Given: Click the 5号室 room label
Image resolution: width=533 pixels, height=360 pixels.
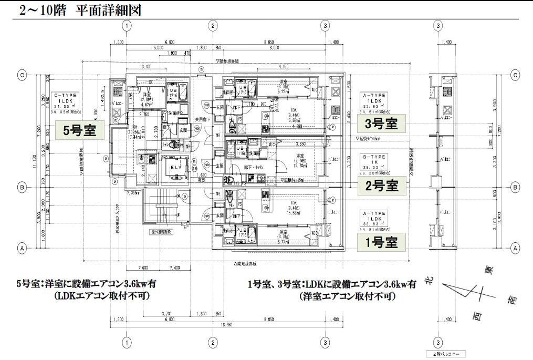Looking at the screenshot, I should point(80,130).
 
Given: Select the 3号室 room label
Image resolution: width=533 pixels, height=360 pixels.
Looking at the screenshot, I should point(378,124).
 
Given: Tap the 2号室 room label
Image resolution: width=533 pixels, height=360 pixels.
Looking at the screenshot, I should point(378,185).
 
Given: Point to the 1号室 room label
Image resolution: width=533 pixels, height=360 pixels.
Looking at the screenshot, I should point(378,242).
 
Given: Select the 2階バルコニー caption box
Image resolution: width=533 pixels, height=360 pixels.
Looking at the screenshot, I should point(445,354).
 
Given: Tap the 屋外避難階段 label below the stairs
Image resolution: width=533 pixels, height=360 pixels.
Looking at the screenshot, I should point(162,231).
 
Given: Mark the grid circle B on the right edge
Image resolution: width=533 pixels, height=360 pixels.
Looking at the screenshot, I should point(515,187).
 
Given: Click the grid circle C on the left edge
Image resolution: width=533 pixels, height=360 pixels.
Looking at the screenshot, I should point(22,75).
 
